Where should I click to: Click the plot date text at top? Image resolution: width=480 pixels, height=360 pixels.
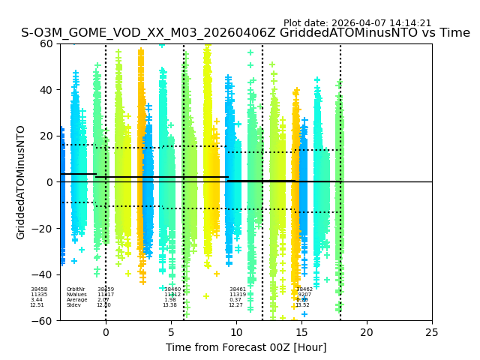[x=357, y=23]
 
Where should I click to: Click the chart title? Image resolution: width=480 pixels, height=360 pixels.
[x=245, y=33]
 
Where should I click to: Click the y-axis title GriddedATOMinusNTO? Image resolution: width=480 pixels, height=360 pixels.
[x=21, y=182]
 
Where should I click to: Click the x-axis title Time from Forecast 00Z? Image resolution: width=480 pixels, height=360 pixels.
[x=246, y=347]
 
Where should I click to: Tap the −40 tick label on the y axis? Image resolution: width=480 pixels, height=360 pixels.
[x=44, y=274]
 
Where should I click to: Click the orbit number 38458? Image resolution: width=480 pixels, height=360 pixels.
[x=39, y=289]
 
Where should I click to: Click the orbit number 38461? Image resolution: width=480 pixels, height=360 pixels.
[x=238, y=289]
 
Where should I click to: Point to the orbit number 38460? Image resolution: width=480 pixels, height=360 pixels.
[x=172, y=289]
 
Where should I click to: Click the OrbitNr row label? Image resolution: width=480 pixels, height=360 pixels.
[x=76, y=289]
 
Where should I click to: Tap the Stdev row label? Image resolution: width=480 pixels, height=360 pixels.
[x=73, y=305]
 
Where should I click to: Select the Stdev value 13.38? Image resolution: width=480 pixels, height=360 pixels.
[x=170, y=305]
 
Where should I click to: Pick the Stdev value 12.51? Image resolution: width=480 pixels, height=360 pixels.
[x=37, y=305]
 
